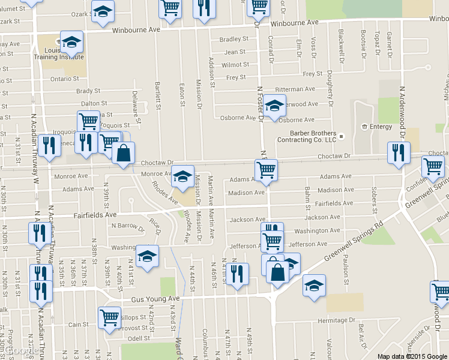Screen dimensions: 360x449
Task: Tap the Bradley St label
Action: tap(230, 40)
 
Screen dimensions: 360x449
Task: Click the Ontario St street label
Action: tap(65, 79)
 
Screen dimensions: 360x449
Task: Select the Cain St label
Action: tap(79, 325)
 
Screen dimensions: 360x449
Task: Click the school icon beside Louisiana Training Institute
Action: tap(71, 41)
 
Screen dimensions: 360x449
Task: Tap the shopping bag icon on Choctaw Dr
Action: tap(123, 153)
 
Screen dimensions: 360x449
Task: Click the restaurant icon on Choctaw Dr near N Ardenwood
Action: tap(399, 152)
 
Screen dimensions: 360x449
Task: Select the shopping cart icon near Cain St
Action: tap(109, 316)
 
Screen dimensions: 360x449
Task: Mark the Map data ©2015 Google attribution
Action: tap(412, 356)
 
